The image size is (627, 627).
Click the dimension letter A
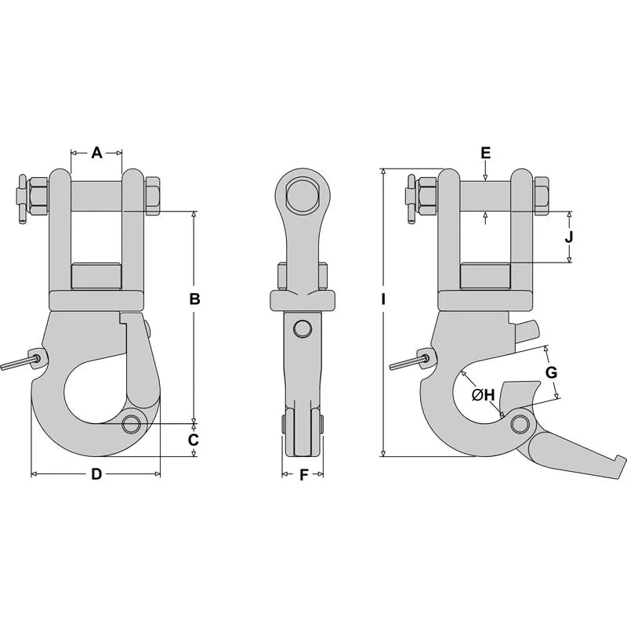click(x=96, y=153)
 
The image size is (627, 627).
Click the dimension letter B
click(x=195, y=299)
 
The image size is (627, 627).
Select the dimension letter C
click(x=194, y=440)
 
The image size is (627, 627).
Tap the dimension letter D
click(x=96, y=473)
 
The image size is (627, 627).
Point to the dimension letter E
click(x=485, y=152)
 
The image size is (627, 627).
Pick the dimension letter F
click(x=303, y=473)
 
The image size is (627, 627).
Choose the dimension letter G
click(x=551, y=372)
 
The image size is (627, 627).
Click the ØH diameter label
click(x=483, y=396)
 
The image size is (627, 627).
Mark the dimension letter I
click(x=383, y=299)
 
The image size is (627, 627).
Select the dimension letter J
click(x=570, y=236)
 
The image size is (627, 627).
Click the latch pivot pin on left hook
click(x=132, y=424)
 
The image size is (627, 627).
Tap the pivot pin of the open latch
click(x=518, y=424)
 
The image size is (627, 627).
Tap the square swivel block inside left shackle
click(x=96, y=276)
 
